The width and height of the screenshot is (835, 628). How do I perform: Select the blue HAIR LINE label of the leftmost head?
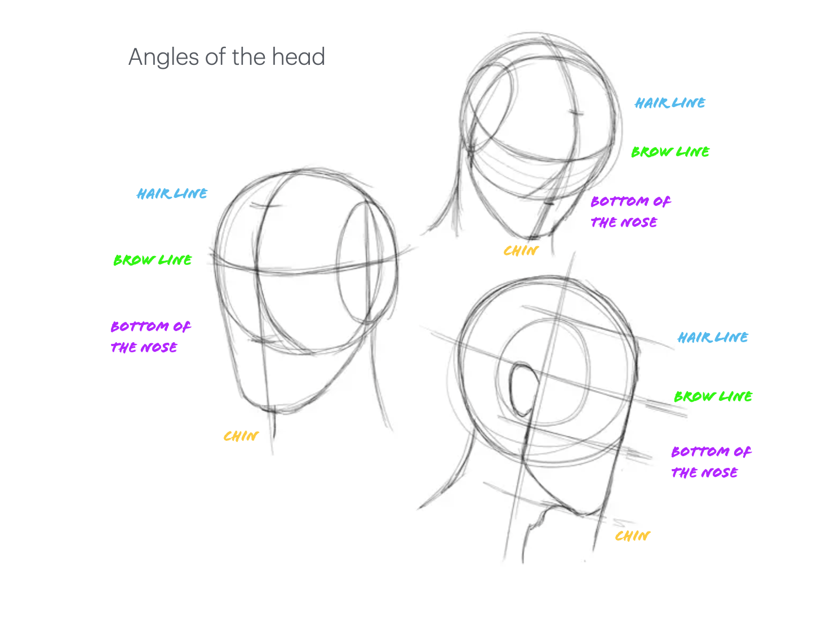(x=172, y=193)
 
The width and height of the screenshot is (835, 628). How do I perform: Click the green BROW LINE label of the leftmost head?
(x=152, y=260)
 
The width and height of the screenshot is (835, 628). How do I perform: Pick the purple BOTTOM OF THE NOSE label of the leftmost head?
(x=150, y=337)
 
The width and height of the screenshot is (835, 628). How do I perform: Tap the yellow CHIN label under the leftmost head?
(x=241, y=436)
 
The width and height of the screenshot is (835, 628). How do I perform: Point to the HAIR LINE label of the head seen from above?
(x=669, y=103)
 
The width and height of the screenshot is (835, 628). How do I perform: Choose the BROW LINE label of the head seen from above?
(x=670, y=152)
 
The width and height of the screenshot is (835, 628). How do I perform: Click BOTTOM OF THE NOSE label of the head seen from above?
(x=630, y=211)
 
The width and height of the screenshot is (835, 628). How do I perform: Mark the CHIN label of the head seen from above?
(x=521, y=250)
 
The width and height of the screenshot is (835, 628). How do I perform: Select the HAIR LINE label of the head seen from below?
(x=712, y=337)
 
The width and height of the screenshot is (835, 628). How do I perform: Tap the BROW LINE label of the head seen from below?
(x=713, y=396)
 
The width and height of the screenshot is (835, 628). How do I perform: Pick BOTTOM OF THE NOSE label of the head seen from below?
(x=710, y=462)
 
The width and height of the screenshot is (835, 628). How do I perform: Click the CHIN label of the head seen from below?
(x=632, y=536)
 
